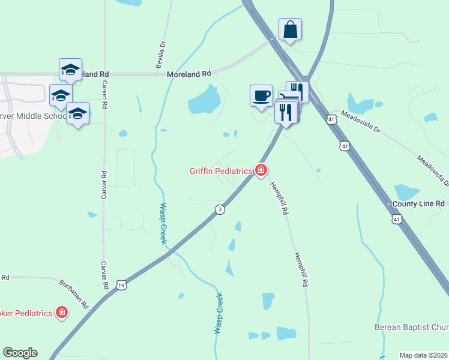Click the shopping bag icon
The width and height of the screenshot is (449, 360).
[x=290, y=29]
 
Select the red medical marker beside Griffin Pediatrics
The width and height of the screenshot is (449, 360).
[x=261, y=171]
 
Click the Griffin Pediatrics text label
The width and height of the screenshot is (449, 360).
[x=220, y=171]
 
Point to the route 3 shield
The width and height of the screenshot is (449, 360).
[x=220, y=209]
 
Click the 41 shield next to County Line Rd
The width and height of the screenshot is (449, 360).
[x=397, y=220]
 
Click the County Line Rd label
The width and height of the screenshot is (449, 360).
[x=418, y=204]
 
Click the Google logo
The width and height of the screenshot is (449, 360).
[x=20, y=353]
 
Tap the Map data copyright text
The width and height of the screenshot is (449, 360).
[x=423, y=355]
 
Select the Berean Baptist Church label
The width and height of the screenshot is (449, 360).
[x=412, y=327]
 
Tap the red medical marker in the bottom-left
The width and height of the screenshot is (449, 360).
[x=61, y=312]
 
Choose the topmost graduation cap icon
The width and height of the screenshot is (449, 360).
[x=70, y=70]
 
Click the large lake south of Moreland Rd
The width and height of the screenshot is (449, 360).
[x=204, y=100]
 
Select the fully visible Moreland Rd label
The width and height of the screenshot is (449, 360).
[x=189, y=74]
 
